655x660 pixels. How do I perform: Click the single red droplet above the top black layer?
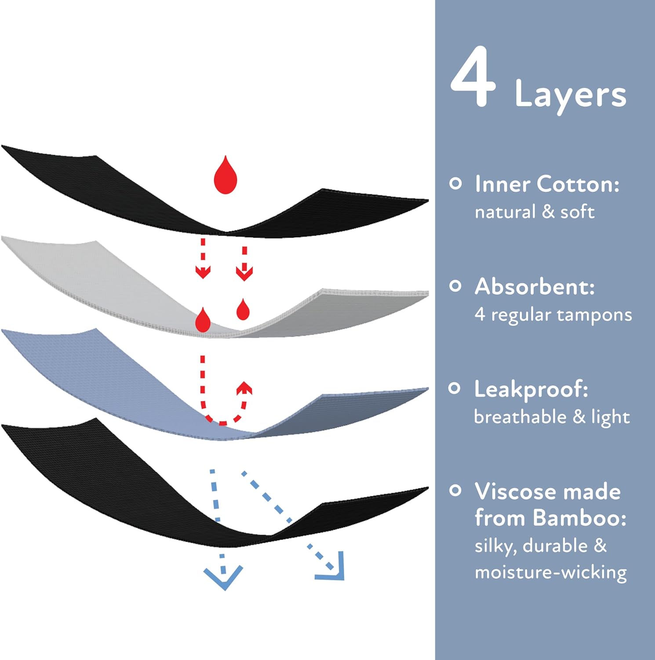tap(226, 175)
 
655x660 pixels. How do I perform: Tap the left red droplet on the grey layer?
tap(203, 320)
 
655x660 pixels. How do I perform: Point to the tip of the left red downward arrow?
tap(203, 278)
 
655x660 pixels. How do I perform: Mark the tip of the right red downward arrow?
tap(244, 280)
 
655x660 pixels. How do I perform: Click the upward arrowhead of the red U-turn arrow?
tap(244, 388)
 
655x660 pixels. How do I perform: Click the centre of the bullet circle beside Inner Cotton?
tap(456, 183)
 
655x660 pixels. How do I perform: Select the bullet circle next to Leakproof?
tap(455, 389)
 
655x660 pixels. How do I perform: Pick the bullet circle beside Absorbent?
tap(456, 286)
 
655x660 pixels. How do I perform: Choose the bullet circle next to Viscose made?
tap(456, 491)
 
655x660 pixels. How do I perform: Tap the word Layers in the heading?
tap(571, 95)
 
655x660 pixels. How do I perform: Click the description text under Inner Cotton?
tap(535, 212)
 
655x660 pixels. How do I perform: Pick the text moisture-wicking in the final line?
tap(551, 573)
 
